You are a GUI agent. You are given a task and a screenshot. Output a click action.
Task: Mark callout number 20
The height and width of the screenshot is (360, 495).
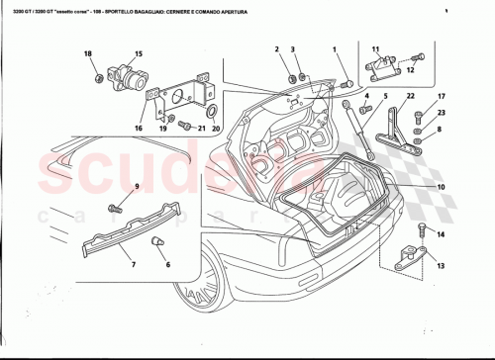point(216,130)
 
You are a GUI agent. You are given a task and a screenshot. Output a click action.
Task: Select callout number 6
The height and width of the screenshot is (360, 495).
point(167,265)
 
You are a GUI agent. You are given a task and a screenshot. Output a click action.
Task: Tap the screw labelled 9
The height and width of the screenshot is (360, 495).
point(115,207)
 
